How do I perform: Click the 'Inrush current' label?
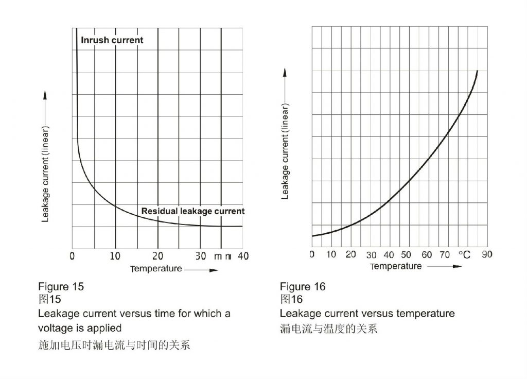[x=112, y=40]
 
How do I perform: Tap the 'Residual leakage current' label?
[x=193, y=211]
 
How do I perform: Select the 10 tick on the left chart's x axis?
[x=115, y=256]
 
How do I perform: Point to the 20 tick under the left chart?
[x=158, y=256]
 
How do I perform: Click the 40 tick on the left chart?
[x=243, y=256]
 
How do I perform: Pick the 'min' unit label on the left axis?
[x=223, y=256]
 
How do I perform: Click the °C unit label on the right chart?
[x=464, y=254]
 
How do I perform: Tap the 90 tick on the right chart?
[x=487, y=254]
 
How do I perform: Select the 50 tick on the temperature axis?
[x=406, y=254]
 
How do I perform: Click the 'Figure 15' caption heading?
[x=61, y=286]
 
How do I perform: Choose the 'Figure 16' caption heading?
[x=303, y=286]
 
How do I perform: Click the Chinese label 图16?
[x=291, y=299]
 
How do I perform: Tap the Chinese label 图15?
[x=49, y=299]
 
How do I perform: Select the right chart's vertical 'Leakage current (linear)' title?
[x=285, y=151]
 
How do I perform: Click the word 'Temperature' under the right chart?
[x=396, y=266]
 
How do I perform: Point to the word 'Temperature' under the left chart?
[x=156, y=269]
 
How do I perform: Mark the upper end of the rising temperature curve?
[x=478, y=71]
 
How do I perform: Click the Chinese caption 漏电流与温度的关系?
[x=328, y=329]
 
